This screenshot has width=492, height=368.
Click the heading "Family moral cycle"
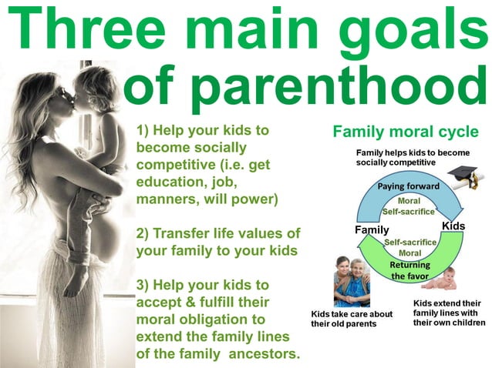(x=406, y=132)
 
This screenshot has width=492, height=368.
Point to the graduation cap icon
(x=464, y=176)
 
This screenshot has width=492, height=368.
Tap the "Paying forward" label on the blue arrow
(x=408, y=187)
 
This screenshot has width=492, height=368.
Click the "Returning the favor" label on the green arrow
(x=409, y=270)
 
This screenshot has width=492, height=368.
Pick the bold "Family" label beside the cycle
(x=372, y=229)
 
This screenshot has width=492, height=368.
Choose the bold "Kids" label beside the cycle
(x=453, y=225)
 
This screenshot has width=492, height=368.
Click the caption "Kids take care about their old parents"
(x=351, y=319)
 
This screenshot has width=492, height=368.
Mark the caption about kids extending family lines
(x=447, y=313)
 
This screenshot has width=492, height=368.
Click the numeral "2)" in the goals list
(x=144, y=233)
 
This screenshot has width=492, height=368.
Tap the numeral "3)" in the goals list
(x=144, y=283)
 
